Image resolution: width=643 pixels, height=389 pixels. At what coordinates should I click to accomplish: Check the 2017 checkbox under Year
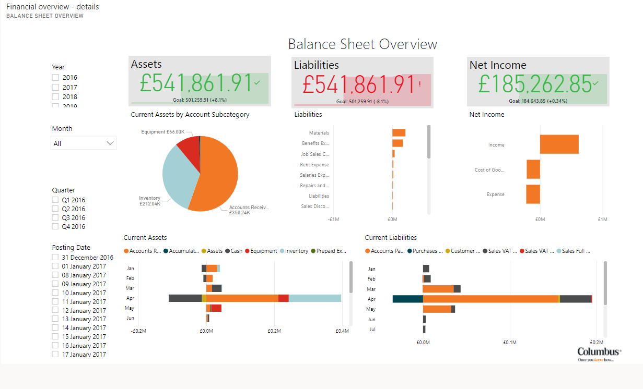click(55, 87)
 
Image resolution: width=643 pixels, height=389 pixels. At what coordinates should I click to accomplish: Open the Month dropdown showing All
click(84, 143)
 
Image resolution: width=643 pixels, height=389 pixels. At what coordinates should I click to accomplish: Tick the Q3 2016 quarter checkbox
click(55, 218)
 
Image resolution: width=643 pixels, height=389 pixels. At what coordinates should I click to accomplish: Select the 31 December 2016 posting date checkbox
click(55, 258)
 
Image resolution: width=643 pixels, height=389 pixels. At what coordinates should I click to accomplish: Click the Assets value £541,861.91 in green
click(196, 83)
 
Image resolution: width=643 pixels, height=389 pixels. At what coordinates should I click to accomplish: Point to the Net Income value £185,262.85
click(535, 83)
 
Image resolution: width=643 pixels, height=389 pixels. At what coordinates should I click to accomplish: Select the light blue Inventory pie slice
click(178, 177)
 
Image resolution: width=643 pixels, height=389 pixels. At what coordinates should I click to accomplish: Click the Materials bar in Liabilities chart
click(399, 133)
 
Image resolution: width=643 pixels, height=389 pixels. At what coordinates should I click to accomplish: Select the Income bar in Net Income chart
click(559, 144)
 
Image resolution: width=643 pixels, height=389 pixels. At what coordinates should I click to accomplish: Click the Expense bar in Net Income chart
click(533, 194)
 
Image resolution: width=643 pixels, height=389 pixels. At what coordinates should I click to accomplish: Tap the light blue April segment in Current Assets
click(314, 298)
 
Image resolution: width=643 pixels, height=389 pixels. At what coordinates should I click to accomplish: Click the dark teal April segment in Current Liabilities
click(407, 299)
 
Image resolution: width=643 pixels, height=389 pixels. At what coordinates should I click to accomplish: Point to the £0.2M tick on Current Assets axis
click(274, 331)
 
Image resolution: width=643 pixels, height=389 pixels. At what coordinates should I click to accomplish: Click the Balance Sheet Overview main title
click(363, 44)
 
